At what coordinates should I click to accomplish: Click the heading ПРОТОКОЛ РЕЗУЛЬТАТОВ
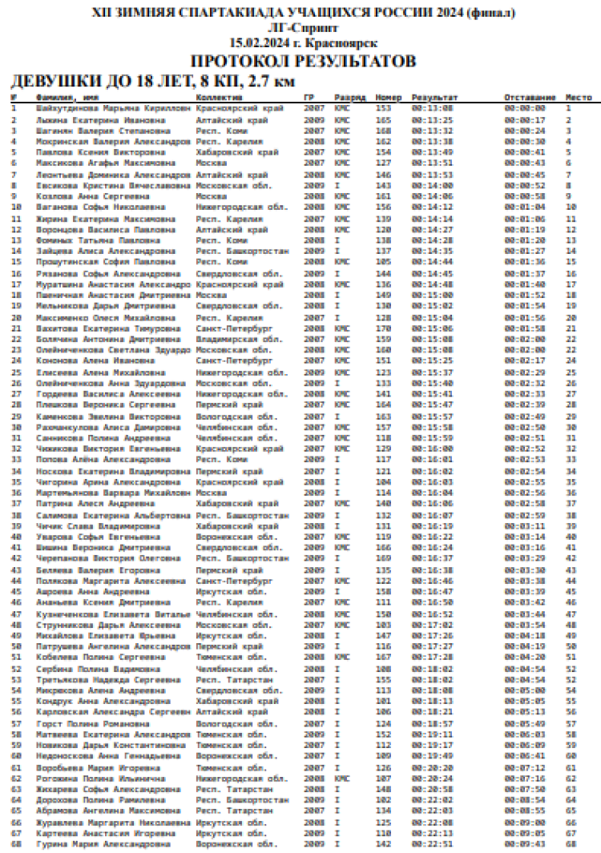click(302, 62)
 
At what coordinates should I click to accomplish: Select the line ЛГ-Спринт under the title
click(302, 29)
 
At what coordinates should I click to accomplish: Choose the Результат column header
click(435, 97)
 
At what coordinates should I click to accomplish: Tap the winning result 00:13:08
click(433, 107)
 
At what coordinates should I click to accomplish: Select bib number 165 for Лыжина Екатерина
click(383, 119)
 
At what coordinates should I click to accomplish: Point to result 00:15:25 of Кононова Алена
click(433, 360)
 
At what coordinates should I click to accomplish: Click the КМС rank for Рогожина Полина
click(342, 778)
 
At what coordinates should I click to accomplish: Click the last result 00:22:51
click(433, 843)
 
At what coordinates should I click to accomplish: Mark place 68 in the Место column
click(571, 843)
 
